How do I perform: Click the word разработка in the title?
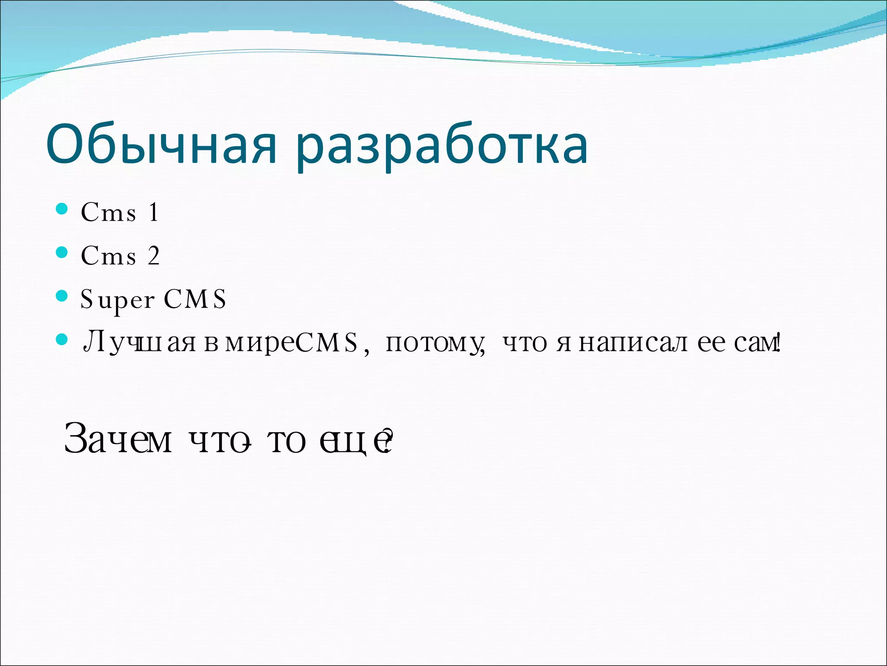(443, 147)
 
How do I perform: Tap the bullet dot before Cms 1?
(62, 209)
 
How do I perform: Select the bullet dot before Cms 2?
(62, 252)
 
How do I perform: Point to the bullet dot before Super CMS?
(62, 296)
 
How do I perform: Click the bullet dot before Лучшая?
(62, 339)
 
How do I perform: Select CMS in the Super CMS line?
(195, 299)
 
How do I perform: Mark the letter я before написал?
(563, 344)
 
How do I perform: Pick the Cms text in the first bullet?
(108, 212)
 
